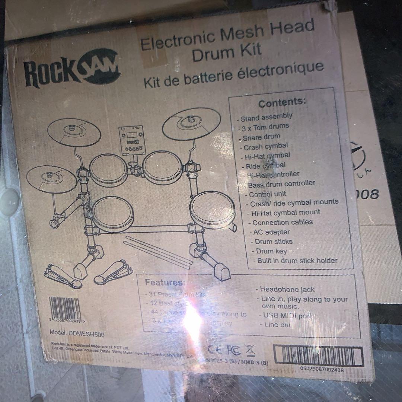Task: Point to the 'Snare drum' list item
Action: pos(261,137)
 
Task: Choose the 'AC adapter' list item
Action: pos(271,232)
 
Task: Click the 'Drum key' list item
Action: pos(271,251)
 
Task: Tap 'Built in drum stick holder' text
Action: pos(297,261)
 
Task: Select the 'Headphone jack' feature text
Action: pos(287,289)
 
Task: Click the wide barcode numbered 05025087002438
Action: pos(318,356)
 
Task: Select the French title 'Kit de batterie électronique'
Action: pos(233,75)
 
